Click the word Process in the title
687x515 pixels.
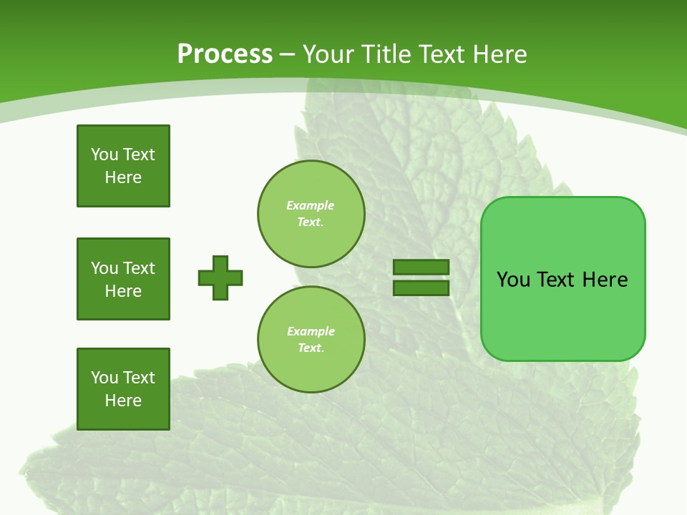point(225,54)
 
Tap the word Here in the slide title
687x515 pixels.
point(499,54)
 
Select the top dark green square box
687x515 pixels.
point(123,166)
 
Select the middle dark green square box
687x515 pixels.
point(123,279)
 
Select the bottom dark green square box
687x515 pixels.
point(123,389)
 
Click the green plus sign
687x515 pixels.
point(220,278)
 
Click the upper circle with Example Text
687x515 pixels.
point(311,214)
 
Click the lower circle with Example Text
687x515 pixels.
point(311,340)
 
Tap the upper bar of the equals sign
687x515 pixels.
point(422,267)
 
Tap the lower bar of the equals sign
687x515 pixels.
point(422,288)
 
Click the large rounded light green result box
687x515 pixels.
point(562,315)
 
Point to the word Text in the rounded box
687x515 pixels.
point(557,280)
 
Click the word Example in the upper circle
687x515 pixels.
point(311,205)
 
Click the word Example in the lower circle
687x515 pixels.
point(311,331)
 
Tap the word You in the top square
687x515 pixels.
point(104,154)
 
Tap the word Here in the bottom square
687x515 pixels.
point(123,401)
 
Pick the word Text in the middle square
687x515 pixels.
point(139,268)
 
